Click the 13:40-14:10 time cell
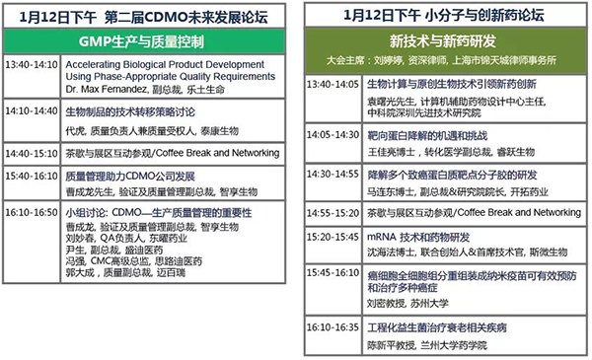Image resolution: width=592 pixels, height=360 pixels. click(32, 65)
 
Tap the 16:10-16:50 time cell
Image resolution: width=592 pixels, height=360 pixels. click(32, 212)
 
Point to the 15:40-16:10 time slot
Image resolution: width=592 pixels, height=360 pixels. click(32, 176)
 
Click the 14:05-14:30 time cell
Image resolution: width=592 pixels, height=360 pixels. click(333, 131)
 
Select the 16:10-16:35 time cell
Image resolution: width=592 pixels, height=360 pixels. click(333, 325)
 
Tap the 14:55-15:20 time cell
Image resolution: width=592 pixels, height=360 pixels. click(333, 212)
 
